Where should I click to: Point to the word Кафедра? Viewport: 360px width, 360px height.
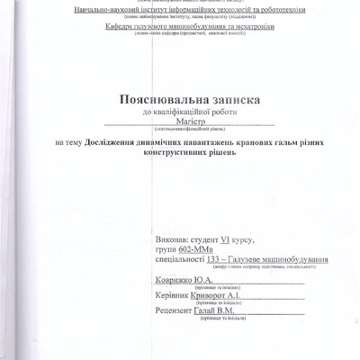point(120,27)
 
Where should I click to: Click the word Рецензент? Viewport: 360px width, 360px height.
point(172,310)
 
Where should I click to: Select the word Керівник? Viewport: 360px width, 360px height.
point(172,295)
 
